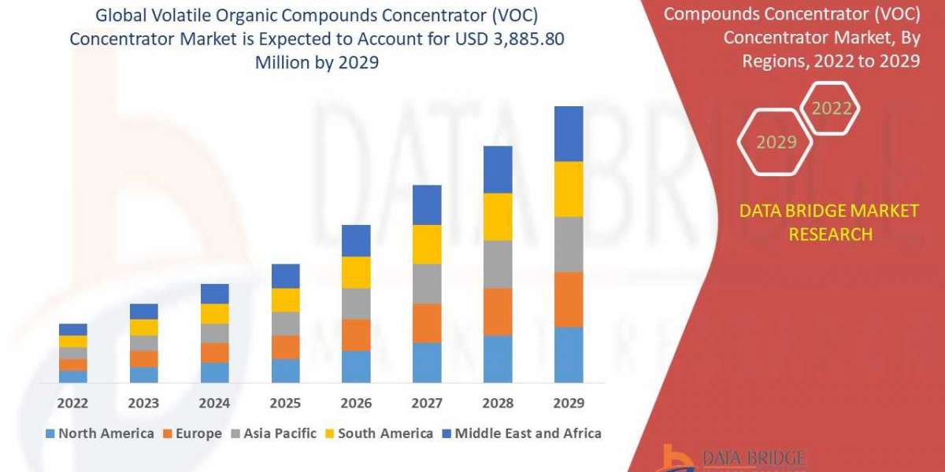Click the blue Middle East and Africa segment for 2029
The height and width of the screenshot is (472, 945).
click(x=569, y=134)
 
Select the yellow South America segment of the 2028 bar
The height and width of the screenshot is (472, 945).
click(x=498, y=216)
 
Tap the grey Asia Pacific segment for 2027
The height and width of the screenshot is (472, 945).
click(x=427, y=283)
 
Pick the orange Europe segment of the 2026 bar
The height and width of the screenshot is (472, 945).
click(x=356, y=334)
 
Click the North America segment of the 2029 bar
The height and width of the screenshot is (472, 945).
click(x=569, y=355)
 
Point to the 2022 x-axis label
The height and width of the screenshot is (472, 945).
click(x=72, y=404)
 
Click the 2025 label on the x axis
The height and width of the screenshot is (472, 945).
click(x=285, y=404)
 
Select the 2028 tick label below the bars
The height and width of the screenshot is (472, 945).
click(x=498, y=404)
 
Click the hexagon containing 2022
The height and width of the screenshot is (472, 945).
click(x=832, y=109)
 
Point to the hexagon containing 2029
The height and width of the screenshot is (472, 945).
click(x=776, y=142)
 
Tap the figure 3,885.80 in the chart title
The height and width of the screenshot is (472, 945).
click(x=521, y=40)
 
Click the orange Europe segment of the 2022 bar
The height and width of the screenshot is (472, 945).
click(x=72, y=365)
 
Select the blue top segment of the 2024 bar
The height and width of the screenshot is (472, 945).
click(x=214, y=293)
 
